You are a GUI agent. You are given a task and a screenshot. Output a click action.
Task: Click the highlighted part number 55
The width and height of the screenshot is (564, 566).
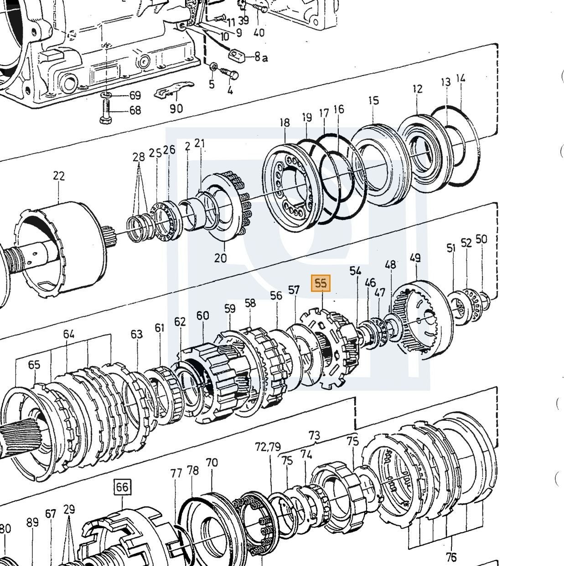(321, 283)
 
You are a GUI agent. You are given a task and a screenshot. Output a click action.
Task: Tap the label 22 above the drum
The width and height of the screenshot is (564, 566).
(59, 176)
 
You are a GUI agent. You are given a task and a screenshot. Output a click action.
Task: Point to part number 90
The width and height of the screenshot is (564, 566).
(176, 109)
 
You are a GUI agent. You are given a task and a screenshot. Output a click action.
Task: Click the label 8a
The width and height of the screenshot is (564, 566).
(261, 57)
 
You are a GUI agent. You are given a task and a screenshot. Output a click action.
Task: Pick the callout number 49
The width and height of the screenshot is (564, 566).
(415, 258)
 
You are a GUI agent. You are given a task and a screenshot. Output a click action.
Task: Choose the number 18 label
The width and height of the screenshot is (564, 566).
(285, 122)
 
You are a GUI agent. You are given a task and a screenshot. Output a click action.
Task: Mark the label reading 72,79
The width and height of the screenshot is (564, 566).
(268, 447)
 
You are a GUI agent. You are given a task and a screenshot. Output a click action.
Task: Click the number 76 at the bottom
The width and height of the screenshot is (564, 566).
(451, 556)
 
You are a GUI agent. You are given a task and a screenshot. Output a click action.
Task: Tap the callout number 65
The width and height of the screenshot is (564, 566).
(34, 364)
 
